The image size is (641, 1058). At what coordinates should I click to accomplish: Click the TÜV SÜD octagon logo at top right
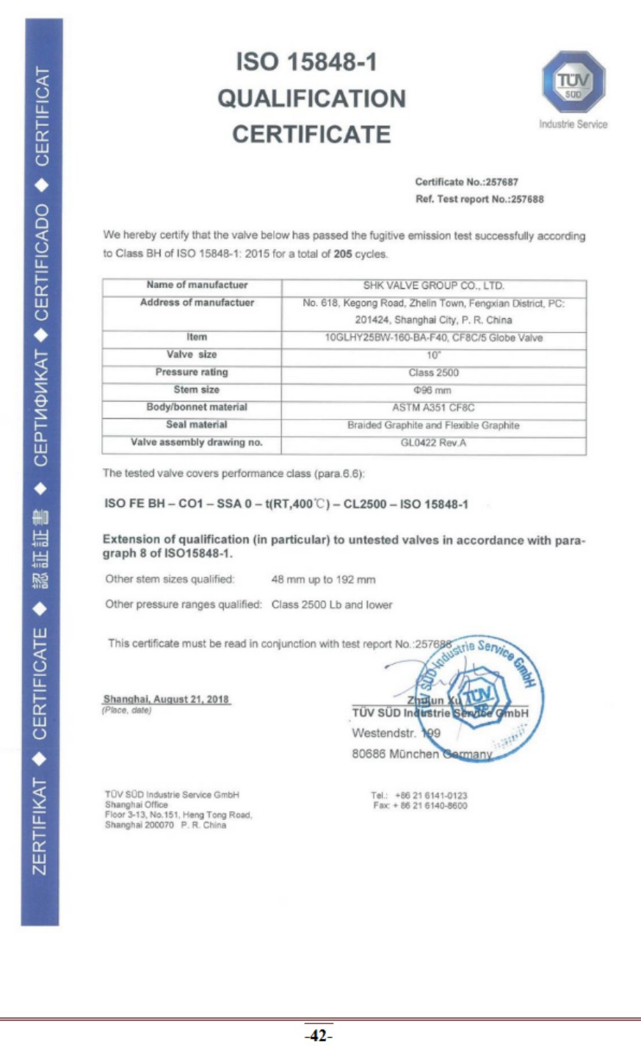click(573, 82)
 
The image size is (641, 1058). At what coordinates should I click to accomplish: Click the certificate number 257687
click(501, 182)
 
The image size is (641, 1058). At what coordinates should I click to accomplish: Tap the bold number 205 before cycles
click(343, 254)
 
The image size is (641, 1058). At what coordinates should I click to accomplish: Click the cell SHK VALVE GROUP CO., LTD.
click(433, 286)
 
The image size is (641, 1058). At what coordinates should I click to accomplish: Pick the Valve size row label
click(192, 355)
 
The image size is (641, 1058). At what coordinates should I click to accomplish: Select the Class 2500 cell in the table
click(433, 373)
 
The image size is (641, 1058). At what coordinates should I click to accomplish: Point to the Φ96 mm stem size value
click(432, 390)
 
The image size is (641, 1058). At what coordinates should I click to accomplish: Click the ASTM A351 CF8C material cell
click(433, 408)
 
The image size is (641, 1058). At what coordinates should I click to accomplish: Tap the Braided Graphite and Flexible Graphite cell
click(433, 425)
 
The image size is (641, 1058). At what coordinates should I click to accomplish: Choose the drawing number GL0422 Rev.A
click(433, 443)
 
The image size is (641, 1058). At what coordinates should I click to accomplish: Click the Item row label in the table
click(197, 337)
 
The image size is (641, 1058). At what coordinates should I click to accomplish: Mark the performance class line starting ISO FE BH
click(286, 504)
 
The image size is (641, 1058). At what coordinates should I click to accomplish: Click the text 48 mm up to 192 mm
click(323, 580)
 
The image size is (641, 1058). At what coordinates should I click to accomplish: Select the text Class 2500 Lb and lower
click(332, 605)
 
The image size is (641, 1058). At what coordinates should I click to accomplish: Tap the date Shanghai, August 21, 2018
click(166, 699)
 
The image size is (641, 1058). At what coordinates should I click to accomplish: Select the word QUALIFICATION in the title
click(311, 98)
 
